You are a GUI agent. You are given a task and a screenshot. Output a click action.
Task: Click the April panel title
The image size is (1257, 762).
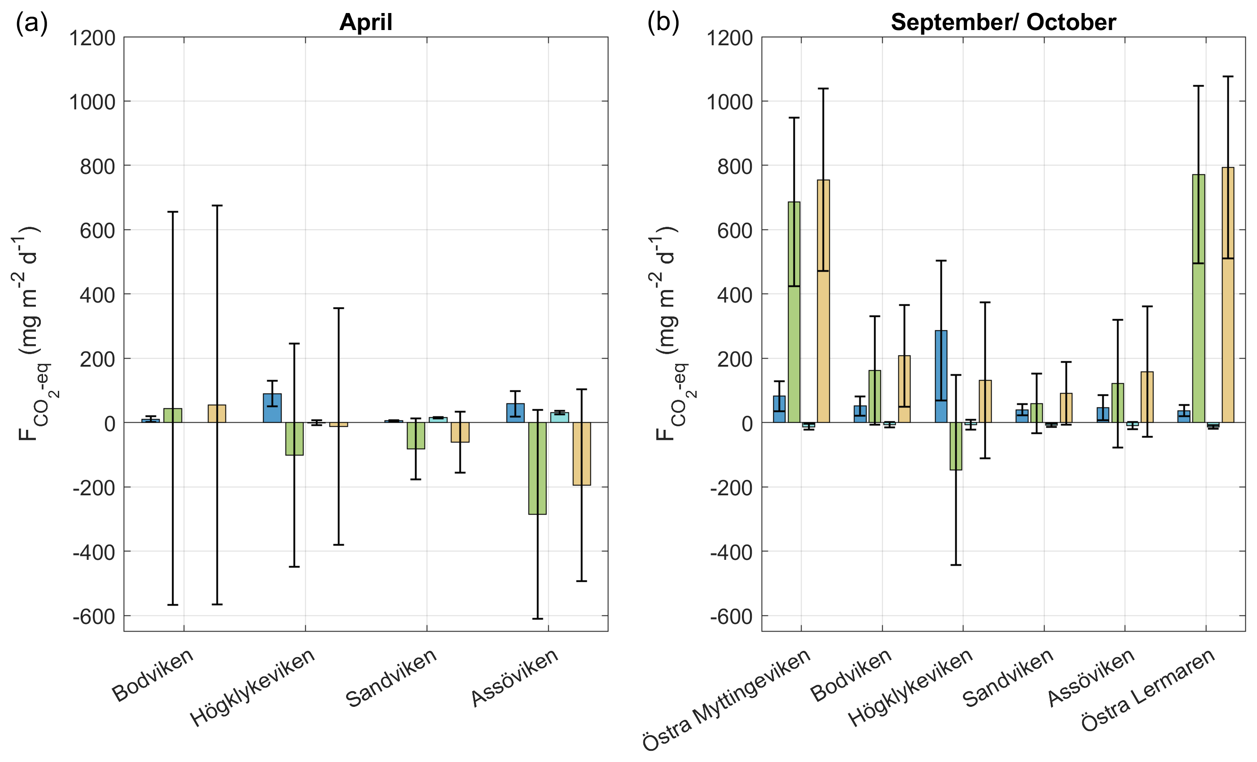click(366, 22)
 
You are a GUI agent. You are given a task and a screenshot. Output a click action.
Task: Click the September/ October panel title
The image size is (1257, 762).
click(1003, 22)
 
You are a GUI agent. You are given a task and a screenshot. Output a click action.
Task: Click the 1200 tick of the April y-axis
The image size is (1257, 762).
click(92, 38)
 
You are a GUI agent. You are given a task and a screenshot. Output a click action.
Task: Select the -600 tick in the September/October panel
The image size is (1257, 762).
click(731, 617)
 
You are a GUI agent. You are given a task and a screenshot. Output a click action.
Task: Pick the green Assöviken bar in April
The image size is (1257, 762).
click(537, 468)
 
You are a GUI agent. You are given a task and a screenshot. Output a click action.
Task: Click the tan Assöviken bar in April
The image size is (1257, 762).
click(581, 454)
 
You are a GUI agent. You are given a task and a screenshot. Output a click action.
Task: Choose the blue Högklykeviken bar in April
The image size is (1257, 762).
click(272, 408)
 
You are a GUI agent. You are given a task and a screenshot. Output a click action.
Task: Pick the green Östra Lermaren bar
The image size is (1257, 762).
click(1198, 299)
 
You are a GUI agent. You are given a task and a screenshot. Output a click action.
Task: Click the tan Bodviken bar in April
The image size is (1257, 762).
click(217, 414)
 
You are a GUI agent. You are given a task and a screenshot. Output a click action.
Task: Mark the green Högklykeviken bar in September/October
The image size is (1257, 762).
click(955, 446)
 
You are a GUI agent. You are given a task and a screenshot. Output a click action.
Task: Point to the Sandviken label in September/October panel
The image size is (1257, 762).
click(1008, 678)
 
